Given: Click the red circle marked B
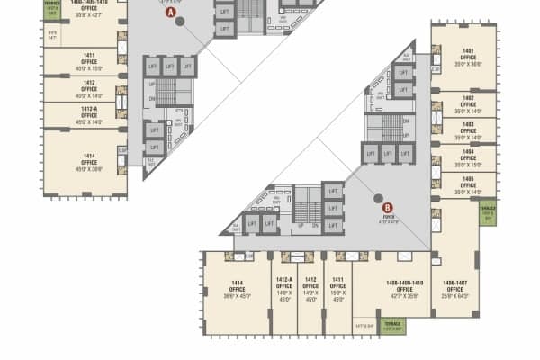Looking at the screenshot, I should (x=388, y=207).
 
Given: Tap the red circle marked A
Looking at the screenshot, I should (x=167, y=13).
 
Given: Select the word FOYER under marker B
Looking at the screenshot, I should (x=388, y=217).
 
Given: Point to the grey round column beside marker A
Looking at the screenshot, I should (x=180, y=20).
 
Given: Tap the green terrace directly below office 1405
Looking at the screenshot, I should (x=489, y=213).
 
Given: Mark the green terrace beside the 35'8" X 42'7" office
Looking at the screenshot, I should (x=50, y=10).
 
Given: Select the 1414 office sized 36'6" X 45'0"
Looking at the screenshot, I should (x=237, y=286).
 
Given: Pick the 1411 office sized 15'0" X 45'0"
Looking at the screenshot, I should (x=337, y=286).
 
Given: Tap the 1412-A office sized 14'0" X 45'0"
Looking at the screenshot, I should (x=285, y=286).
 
